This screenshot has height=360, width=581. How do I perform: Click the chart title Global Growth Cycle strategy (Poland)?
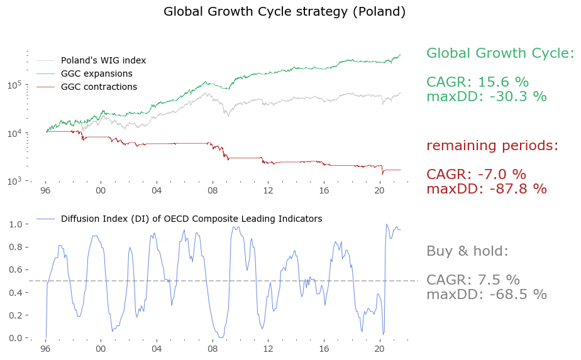point(284,12)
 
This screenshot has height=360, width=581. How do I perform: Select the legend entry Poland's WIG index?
point(103,60)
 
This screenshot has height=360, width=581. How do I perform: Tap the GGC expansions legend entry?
point(96,74)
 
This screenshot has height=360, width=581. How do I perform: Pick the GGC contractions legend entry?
point(99,87)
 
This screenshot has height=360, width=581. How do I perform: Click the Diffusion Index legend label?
point(191,219)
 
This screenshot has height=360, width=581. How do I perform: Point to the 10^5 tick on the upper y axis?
point(17,84)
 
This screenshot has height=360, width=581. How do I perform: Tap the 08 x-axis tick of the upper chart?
point(213,190)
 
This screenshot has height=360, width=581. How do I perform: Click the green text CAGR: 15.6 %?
point(477,82)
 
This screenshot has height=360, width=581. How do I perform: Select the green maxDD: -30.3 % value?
point(486,97)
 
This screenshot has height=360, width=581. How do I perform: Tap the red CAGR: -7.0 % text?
point(476,175)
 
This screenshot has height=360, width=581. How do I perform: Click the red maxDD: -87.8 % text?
point(486,189)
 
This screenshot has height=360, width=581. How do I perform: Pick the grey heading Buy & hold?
point(467,251)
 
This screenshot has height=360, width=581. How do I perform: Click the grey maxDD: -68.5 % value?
point(486,295)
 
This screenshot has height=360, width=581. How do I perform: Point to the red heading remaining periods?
point(492,146)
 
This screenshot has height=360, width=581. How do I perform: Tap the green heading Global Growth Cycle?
point(500,53)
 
